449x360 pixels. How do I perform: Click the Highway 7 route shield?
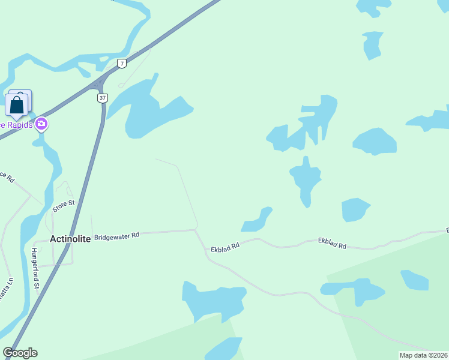[122, 63]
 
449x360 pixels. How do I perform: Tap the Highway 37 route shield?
[103, 98]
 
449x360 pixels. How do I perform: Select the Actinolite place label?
[70, 239]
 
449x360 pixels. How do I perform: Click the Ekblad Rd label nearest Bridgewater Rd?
[225, 247]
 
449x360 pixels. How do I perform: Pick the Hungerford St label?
[34, 269]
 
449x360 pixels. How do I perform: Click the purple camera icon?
[41, 124]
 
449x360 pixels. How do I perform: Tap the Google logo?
[20, 353]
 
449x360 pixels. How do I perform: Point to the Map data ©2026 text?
[423, 355]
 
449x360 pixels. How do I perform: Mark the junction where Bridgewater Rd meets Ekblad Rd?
[196, 230]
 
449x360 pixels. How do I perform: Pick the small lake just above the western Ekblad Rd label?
[257, 221]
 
